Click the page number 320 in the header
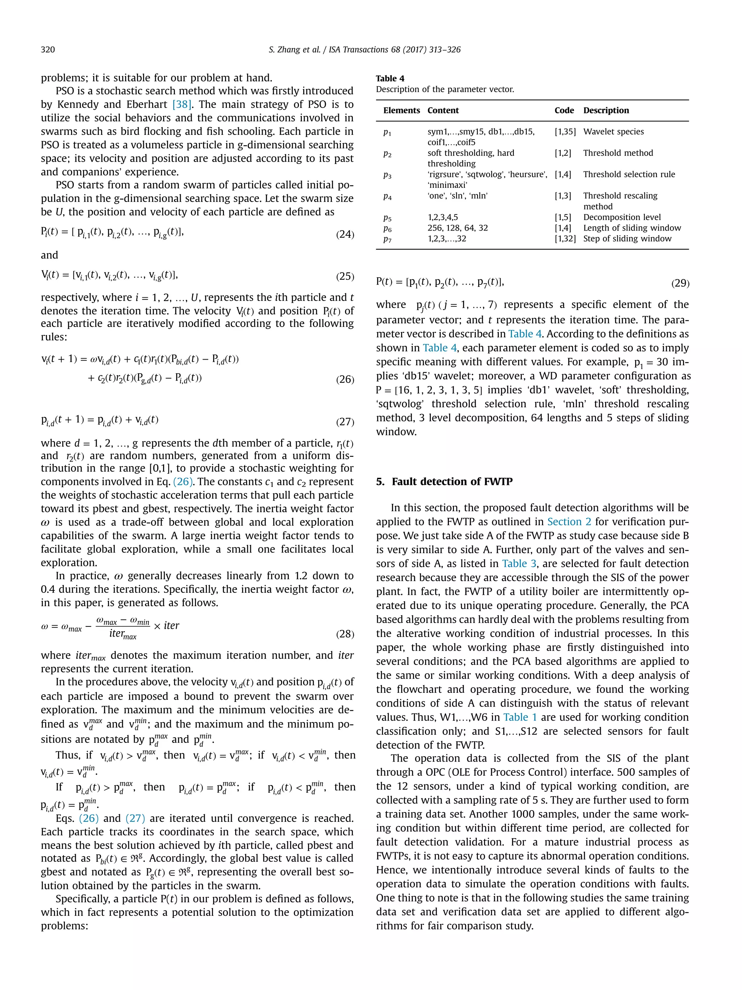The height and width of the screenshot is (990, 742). click(x=48, y=50)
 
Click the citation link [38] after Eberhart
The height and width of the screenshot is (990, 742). click(x=182, y=104)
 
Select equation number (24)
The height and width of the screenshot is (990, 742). click(x=345, y=235)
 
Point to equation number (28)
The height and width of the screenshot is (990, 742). click(x=345, y=634)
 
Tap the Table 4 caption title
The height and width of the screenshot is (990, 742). click(x=390, y=78)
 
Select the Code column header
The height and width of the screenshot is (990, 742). click(x=564, y=111)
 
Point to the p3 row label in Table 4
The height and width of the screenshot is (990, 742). click(x=387, y=175)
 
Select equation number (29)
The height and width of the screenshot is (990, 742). click(x=680, y=283)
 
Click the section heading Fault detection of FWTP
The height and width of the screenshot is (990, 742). click(x=452, y=481)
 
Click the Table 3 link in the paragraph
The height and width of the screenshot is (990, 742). click(x=519, y=563)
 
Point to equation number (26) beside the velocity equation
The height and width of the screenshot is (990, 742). click(x=345, y=380)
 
